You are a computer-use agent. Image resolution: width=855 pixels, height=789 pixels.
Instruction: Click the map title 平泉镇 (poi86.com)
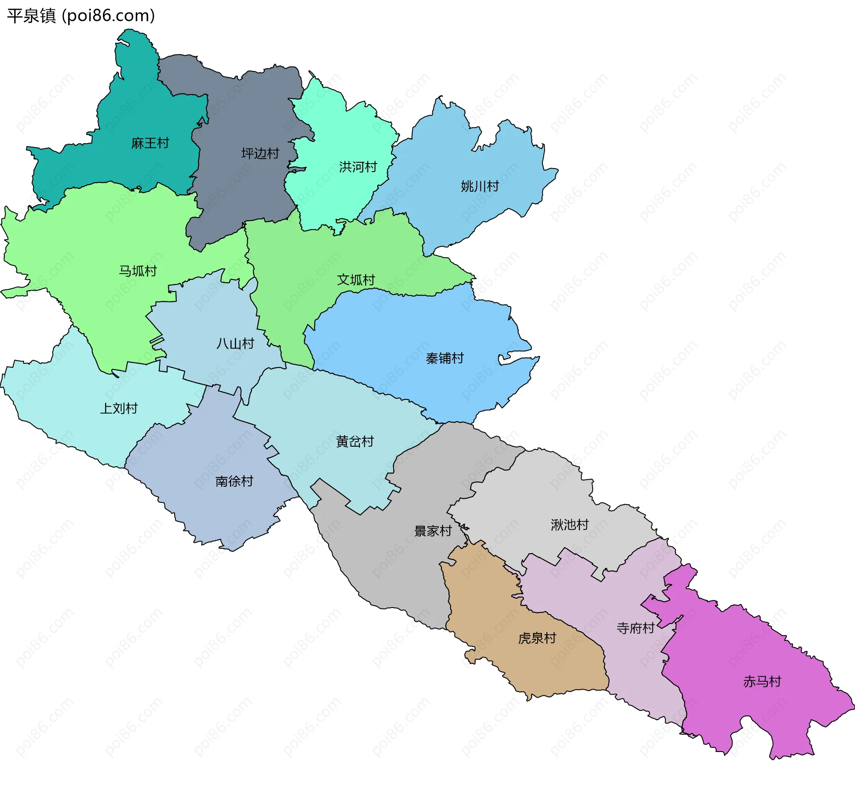(81, 16)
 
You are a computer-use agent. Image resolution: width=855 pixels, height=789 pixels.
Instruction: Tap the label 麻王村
(150, 143)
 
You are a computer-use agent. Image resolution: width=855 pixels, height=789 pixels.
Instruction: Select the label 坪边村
(260, 153)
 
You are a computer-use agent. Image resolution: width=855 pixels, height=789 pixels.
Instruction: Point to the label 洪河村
(358, 167)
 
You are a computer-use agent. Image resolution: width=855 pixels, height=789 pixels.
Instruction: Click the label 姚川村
(480, 186)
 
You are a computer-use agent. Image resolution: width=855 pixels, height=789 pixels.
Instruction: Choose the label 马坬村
(138, 271)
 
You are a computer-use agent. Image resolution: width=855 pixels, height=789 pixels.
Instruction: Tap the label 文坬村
(356, 280)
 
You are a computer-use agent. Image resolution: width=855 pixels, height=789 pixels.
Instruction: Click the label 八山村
(235, 344)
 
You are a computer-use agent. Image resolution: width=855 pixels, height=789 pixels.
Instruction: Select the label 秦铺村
(444, 358)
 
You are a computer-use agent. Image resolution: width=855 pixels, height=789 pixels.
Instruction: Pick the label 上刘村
(118, 408)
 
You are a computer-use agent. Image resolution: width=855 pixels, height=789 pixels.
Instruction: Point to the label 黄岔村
(354, 441)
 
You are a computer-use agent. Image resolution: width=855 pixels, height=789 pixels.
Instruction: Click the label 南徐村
(234, 481)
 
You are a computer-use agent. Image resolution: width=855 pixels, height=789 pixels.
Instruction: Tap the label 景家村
(432, 531)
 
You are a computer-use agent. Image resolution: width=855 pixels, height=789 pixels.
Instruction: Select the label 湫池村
(570, 525)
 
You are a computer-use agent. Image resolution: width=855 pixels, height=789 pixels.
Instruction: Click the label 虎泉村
(537, 638)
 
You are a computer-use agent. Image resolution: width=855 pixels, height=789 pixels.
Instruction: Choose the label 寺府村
(635, 628)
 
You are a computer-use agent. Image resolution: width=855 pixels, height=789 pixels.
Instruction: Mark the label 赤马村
(762, 682)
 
